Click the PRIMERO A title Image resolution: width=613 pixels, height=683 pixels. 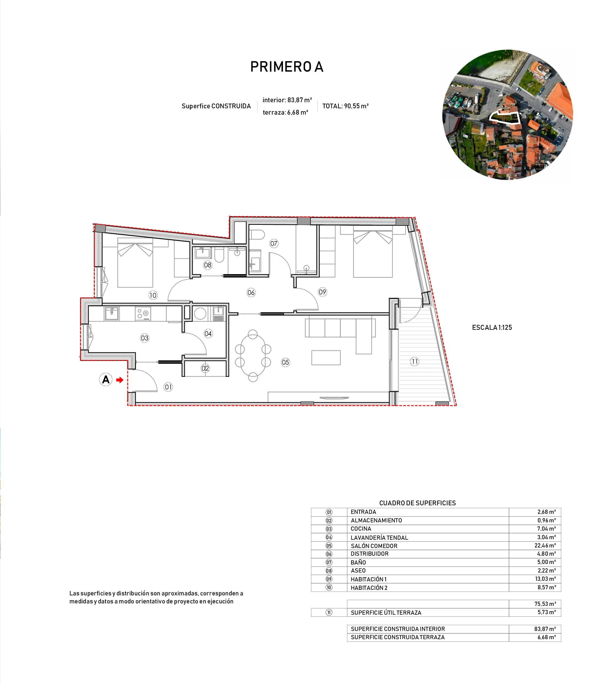(x=287, y=67)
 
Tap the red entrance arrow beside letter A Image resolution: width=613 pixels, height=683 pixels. (x=119, y=380)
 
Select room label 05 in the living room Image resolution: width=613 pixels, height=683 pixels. (x=285, y=362)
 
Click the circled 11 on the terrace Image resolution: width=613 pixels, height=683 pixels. (x=414, y=361)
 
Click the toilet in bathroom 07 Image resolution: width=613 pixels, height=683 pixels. (x=258, y=235)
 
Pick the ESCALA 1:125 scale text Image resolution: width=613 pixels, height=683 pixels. (x=492, y=327)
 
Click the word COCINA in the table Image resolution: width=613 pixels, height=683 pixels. (x=361, y=529)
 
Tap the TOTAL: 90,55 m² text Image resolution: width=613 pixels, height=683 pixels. (x=345, y=106)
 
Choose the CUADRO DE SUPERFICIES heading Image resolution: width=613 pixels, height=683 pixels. (x=417, y=503)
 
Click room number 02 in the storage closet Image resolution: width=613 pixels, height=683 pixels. (x=205, y=368)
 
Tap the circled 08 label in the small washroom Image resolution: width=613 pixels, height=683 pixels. (x=208, y=265)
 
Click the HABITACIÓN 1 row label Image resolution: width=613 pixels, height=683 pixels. (x=369, y=579)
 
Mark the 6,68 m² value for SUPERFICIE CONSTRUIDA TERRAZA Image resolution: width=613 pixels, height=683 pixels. (x=546, y=637)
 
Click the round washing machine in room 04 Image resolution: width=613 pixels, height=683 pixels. (x=200, y=314)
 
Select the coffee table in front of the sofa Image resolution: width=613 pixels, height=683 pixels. (x=326, y=358)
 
